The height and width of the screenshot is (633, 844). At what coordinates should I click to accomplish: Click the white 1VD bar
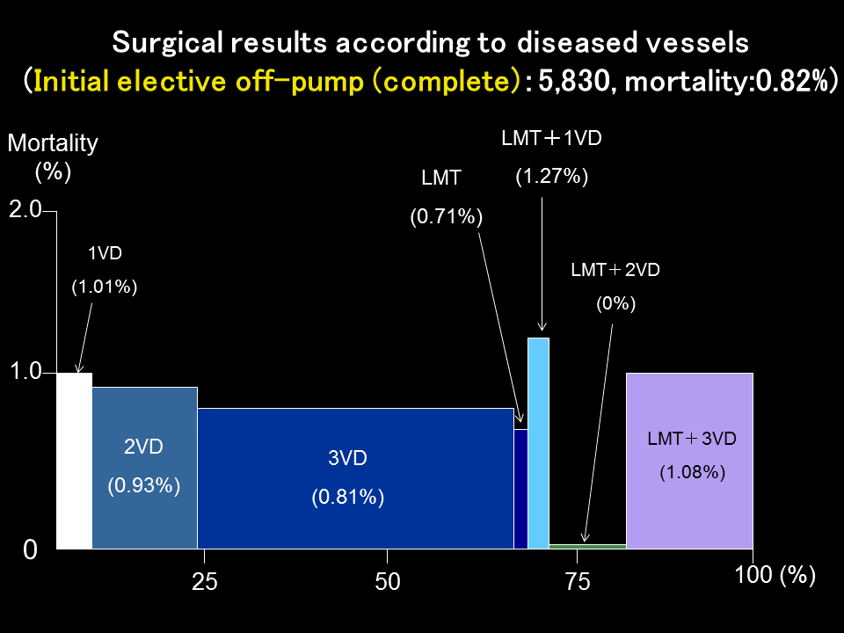point(74,461)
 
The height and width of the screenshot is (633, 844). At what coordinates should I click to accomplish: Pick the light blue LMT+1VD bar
point(538,443)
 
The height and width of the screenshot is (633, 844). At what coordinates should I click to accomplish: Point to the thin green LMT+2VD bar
point(587,546)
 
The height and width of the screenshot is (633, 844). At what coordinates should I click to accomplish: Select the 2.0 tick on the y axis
point(25,210)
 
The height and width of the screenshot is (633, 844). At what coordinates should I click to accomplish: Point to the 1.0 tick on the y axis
point(25,372)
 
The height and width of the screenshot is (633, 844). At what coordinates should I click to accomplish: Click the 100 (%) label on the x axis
point(775,576)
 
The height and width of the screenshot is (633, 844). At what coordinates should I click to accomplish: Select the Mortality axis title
point(53,143)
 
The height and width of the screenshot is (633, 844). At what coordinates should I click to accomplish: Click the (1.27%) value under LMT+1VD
point(551,177)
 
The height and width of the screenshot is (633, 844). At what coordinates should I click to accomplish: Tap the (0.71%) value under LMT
point(447,216)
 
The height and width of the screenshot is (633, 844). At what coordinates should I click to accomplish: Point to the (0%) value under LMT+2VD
point(615,304)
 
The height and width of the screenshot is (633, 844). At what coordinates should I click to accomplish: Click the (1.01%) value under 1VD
point(105,287)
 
